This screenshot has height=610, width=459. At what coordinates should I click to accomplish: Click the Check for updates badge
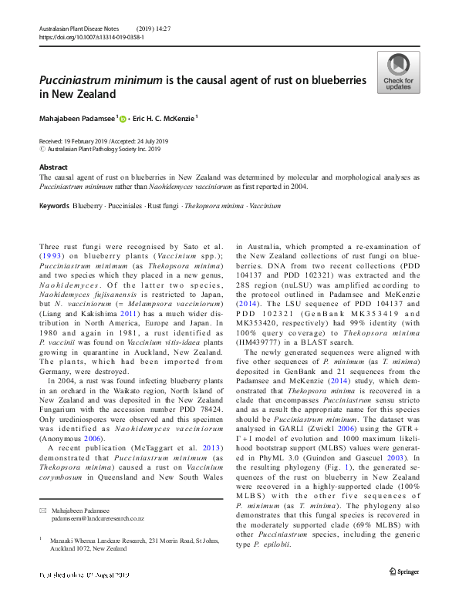click(x=398, y=73)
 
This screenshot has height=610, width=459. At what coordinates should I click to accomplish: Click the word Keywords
click(x=53, y=207)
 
